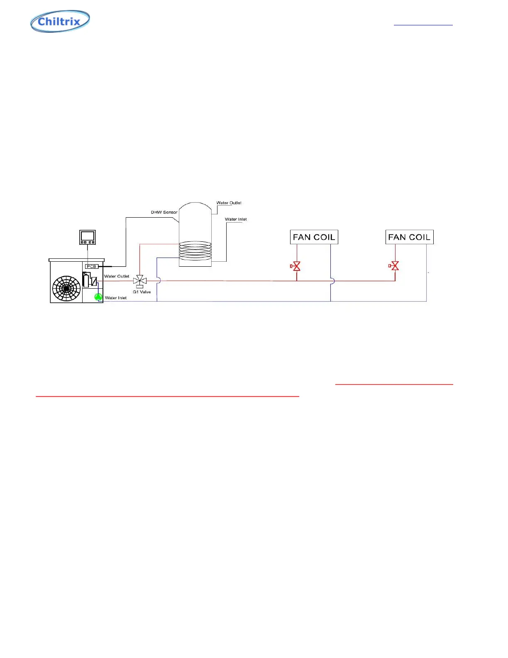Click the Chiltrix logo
[x=60, y=21]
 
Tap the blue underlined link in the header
[x=423, y=25]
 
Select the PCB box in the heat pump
[x=91, y=266]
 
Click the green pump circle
[x=98, y=297]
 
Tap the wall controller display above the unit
[x=88, y=237]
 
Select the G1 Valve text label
[x=142, y=292]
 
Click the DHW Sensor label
[x=164, y=212]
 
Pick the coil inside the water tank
[x=195, y=251]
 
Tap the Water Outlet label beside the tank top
[x=229, y=203]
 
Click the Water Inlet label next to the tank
[x=236, y=219]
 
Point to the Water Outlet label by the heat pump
[x=117, y=276]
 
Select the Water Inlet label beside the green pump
[x=116, y=298]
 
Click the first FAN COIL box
[x=314, y=237]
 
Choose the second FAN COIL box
[x=409, y=237]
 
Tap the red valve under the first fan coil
[x=296, y=266]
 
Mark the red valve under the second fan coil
[x=395, y=266]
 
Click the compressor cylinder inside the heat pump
[x=86, y=280]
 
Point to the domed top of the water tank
[x=195, y=208]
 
